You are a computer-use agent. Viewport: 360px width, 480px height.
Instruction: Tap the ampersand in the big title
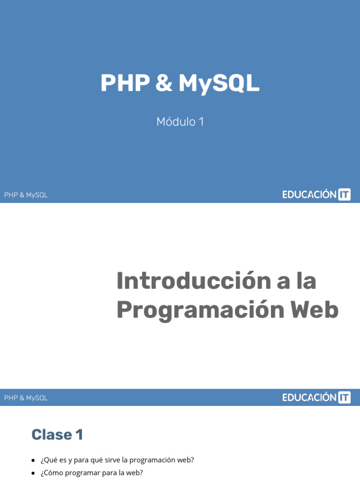(x=164, y=83)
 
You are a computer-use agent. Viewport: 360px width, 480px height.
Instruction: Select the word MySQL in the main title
(x=219, y=83)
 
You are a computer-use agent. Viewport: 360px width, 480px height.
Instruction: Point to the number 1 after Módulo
(x=201, y=122)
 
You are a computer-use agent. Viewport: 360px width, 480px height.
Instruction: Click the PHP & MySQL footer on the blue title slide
(x=26, y=195)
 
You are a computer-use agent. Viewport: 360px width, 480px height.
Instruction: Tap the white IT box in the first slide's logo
(x=345, y=195)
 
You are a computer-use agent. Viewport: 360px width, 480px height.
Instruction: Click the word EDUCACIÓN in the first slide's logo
(x=309, y=195)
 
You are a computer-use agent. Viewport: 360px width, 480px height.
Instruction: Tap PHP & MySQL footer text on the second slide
(x=26, y=398)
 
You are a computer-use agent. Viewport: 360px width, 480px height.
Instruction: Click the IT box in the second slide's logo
(x=345, y=397)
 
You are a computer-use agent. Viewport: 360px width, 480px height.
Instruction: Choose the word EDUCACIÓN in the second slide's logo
(x=309, y=397)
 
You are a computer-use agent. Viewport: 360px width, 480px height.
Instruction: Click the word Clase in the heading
(x=51, y=435)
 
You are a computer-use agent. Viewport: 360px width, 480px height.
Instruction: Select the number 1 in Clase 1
(x=79, y=435)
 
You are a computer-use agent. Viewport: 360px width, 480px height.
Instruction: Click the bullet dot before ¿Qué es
(x=33, y=460)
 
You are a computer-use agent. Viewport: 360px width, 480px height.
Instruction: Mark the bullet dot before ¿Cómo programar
(x=33, y=473)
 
